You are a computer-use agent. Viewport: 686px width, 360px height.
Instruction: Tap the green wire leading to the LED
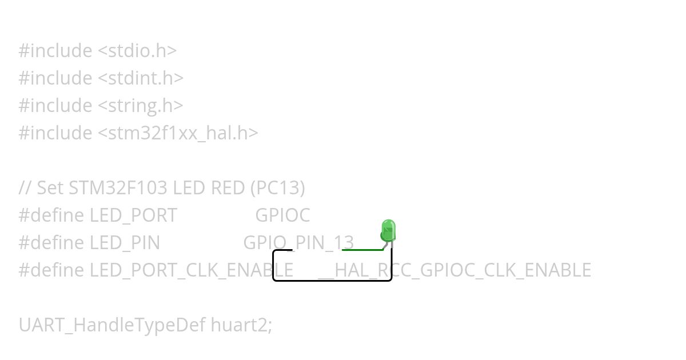[x=363, y=250]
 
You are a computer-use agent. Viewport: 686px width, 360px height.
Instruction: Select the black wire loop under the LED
[x=332, y=280]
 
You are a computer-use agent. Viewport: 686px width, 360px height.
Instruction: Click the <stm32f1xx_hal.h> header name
[x=178, y=133]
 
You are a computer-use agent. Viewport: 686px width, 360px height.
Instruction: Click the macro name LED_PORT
[x=133, y=215]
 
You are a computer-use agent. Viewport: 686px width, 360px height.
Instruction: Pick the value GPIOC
[x=282, y=215]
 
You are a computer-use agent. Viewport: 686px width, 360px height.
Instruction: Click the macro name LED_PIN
[x=125, y=242]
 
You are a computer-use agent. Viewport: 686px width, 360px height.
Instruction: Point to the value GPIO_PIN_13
[x=298, y=242]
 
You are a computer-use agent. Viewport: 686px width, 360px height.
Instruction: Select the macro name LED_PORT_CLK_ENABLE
[x=192, y=270]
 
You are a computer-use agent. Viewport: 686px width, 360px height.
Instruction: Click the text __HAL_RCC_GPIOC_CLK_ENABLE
[x=454, y=270]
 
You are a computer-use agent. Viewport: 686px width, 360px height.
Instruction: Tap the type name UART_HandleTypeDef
[x=112, y=325]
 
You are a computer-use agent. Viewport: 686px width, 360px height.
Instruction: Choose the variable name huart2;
[x=242, y=325]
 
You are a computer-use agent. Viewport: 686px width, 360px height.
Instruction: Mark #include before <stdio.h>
[x=55, y=50]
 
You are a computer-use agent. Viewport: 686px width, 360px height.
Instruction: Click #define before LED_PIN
[x=51, y=242]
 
